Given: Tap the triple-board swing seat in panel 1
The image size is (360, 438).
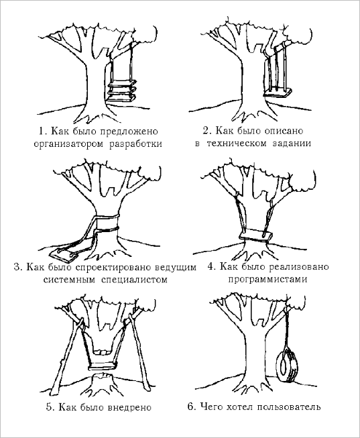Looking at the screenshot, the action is click(x=122, y=91).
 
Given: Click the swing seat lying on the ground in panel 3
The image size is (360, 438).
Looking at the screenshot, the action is click(x=64, y=254).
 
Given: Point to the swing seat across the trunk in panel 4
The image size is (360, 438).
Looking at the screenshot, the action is click(x=255, y=235).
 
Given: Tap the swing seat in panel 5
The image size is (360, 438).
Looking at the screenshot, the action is click(x=102, y=366).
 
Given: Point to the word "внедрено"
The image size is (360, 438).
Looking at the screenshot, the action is click(x=129, y=408).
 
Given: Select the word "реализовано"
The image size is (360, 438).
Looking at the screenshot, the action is click(x=299, y=268).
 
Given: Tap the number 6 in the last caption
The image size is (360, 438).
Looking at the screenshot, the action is click(x=191, y=406).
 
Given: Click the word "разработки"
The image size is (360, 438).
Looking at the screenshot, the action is click(x=135, y=144).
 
